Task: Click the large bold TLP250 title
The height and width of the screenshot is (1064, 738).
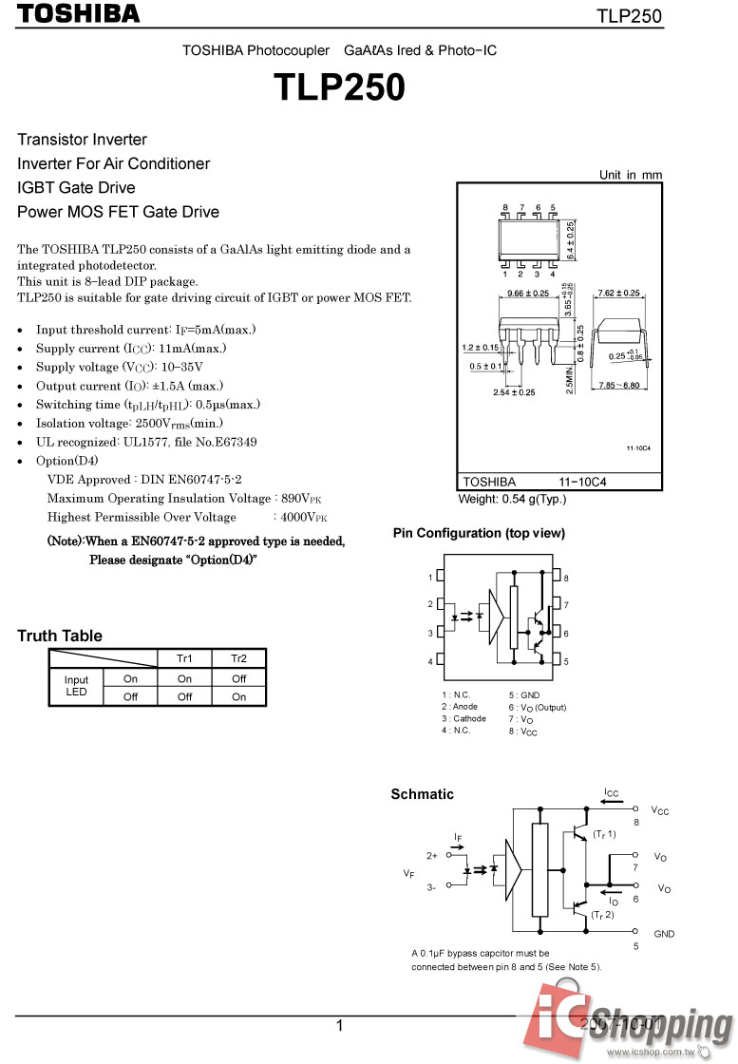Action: [x=340, y=87]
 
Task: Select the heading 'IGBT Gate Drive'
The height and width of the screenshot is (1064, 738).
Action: [x=76, y=187]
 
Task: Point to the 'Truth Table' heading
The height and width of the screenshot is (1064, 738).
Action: [x=60, y=636]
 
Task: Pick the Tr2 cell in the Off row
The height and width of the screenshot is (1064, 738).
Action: [x=238, y=696]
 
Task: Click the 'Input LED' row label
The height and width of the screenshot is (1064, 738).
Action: [x=76, y=686]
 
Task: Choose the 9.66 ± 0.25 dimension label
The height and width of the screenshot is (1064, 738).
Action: [x=528, y=293]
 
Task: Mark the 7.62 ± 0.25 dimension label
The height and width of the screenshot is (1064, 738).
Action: [x=618, y=293]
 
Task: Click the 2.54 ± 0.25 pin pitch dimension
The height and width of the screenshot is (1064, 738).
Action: [x=514, y=392]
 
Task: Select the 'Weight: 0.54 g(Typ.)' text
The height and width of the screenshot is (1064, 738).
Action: [x=512, y=499]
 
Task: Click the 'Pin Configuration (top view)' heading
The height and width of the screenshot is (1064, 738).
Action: [x=479, y=533]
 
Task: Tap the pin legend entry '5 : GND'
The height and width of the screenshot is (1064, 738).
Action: [x=523, y=694]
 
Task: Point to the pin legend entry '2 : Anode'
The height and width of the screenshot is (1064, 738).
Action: [x=460, y=707]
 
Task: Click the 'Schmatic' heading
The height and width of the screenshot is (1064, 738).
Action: [x=423, y=794]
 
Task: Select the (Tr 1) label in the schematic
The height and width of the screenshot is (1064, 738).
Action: [x=605, y=834]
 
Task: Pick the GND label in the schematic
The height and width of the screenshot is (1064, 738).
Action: [x=664, y=934]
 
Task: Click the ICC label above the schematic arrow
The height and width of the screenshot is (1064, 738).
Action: [x=612, y=792]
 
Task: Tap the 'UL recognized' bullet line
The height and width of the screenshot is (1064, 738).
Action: [x=146, y=442]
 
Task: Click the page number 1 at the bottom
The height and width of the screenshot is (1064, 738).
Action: [x=339, y=1025]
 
